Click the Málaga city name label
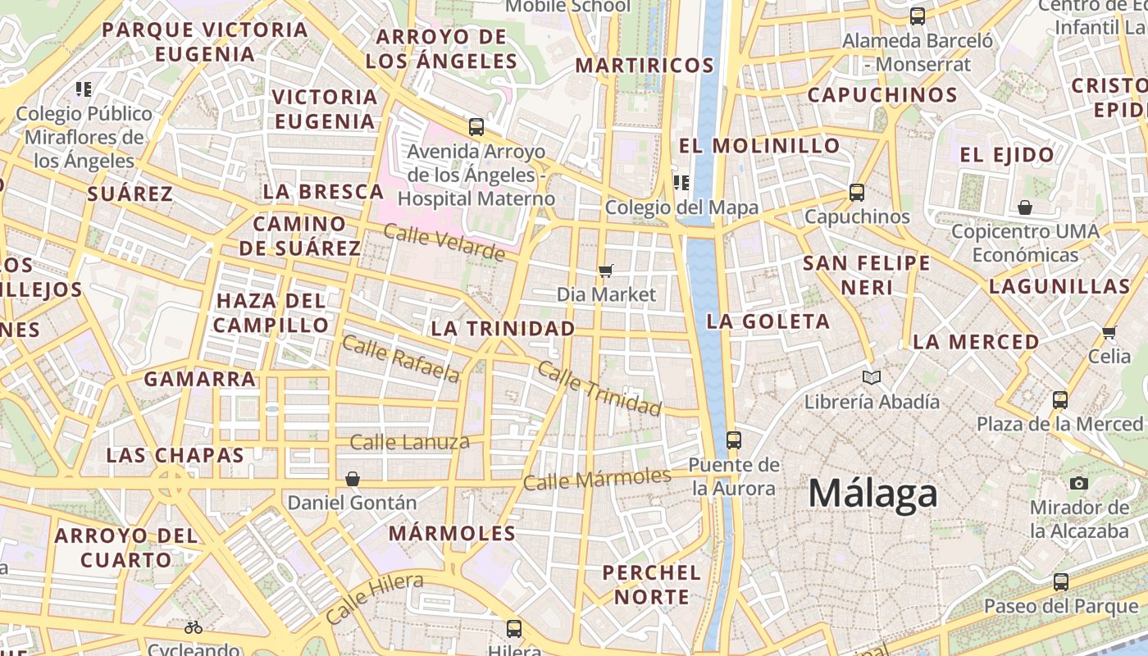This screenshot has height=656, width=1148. [872, 494]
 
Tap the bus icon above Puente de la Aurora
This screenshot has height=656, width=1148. [734, 440]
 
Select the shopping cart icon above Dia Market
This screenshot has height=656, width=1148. [606, 271]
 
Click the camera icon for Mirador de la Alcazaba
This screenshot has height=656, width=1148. [1079, 483]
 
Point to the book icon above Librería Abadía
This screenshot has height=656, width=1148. [871, 377]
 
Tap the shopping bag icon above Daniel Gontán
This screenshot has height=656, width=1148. [353, 478]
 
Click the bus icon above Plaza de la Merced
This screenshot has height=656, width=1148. [1060, 400]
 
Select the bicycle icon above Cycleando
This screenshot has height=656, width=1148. [194, 627]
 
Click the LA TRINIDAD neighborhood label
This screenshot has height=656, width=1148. [503, 329]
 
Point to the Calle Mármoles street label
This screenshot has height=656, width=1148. [597, 479]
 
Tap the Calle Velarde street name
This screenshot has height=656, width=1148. [444, 243]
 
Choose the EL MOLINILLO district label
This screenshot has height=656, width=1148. [759, 146]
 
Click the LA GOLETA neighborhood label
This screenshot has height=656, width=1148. [768, 321]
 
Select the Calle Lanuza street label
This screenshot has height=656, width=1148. [409, 443]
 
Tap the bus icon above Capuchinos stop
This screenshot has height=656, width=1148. [857, 193]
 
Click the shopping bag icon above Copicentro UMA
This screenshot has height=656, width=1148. [1024, 207]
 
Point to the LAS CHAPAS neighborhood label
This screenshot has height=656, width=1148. [175, 455]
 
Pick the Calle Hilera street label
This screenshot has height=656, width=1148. [374, 598]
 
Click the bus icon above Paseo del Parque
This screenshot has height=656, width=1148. [1061, 582]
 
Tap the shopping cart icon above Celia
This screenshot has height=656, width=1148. [1109, 332]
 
